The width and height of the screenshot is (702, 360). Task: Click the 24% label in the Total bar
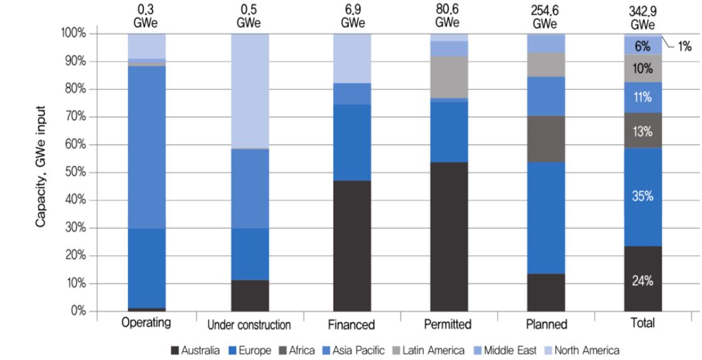click(642, 281)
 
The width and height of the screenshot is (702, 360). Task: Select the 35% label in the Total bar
click(642, 196)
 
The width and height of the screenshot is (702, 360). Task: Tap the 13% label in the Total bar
click(642, 132)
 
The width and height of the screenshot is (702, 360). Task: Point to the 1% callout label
click(684, 46)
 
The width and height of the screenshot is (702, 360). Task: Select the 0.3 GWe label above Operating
click(146, 16)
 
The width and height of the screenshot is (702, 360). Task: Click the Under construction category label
click(249, 325)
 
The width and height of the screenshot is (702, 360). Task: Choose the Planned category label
click(546, 324)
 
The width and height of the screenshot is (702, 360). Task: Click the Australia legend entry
click(195, 350)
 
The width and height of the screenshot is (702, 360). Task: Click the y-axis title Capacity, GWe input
click(41, 167)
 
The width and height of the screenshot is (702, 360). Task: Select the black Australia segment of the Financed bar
click(352, 246)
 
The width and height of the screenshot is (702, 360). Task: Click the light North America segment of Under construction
click(250, 91)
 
